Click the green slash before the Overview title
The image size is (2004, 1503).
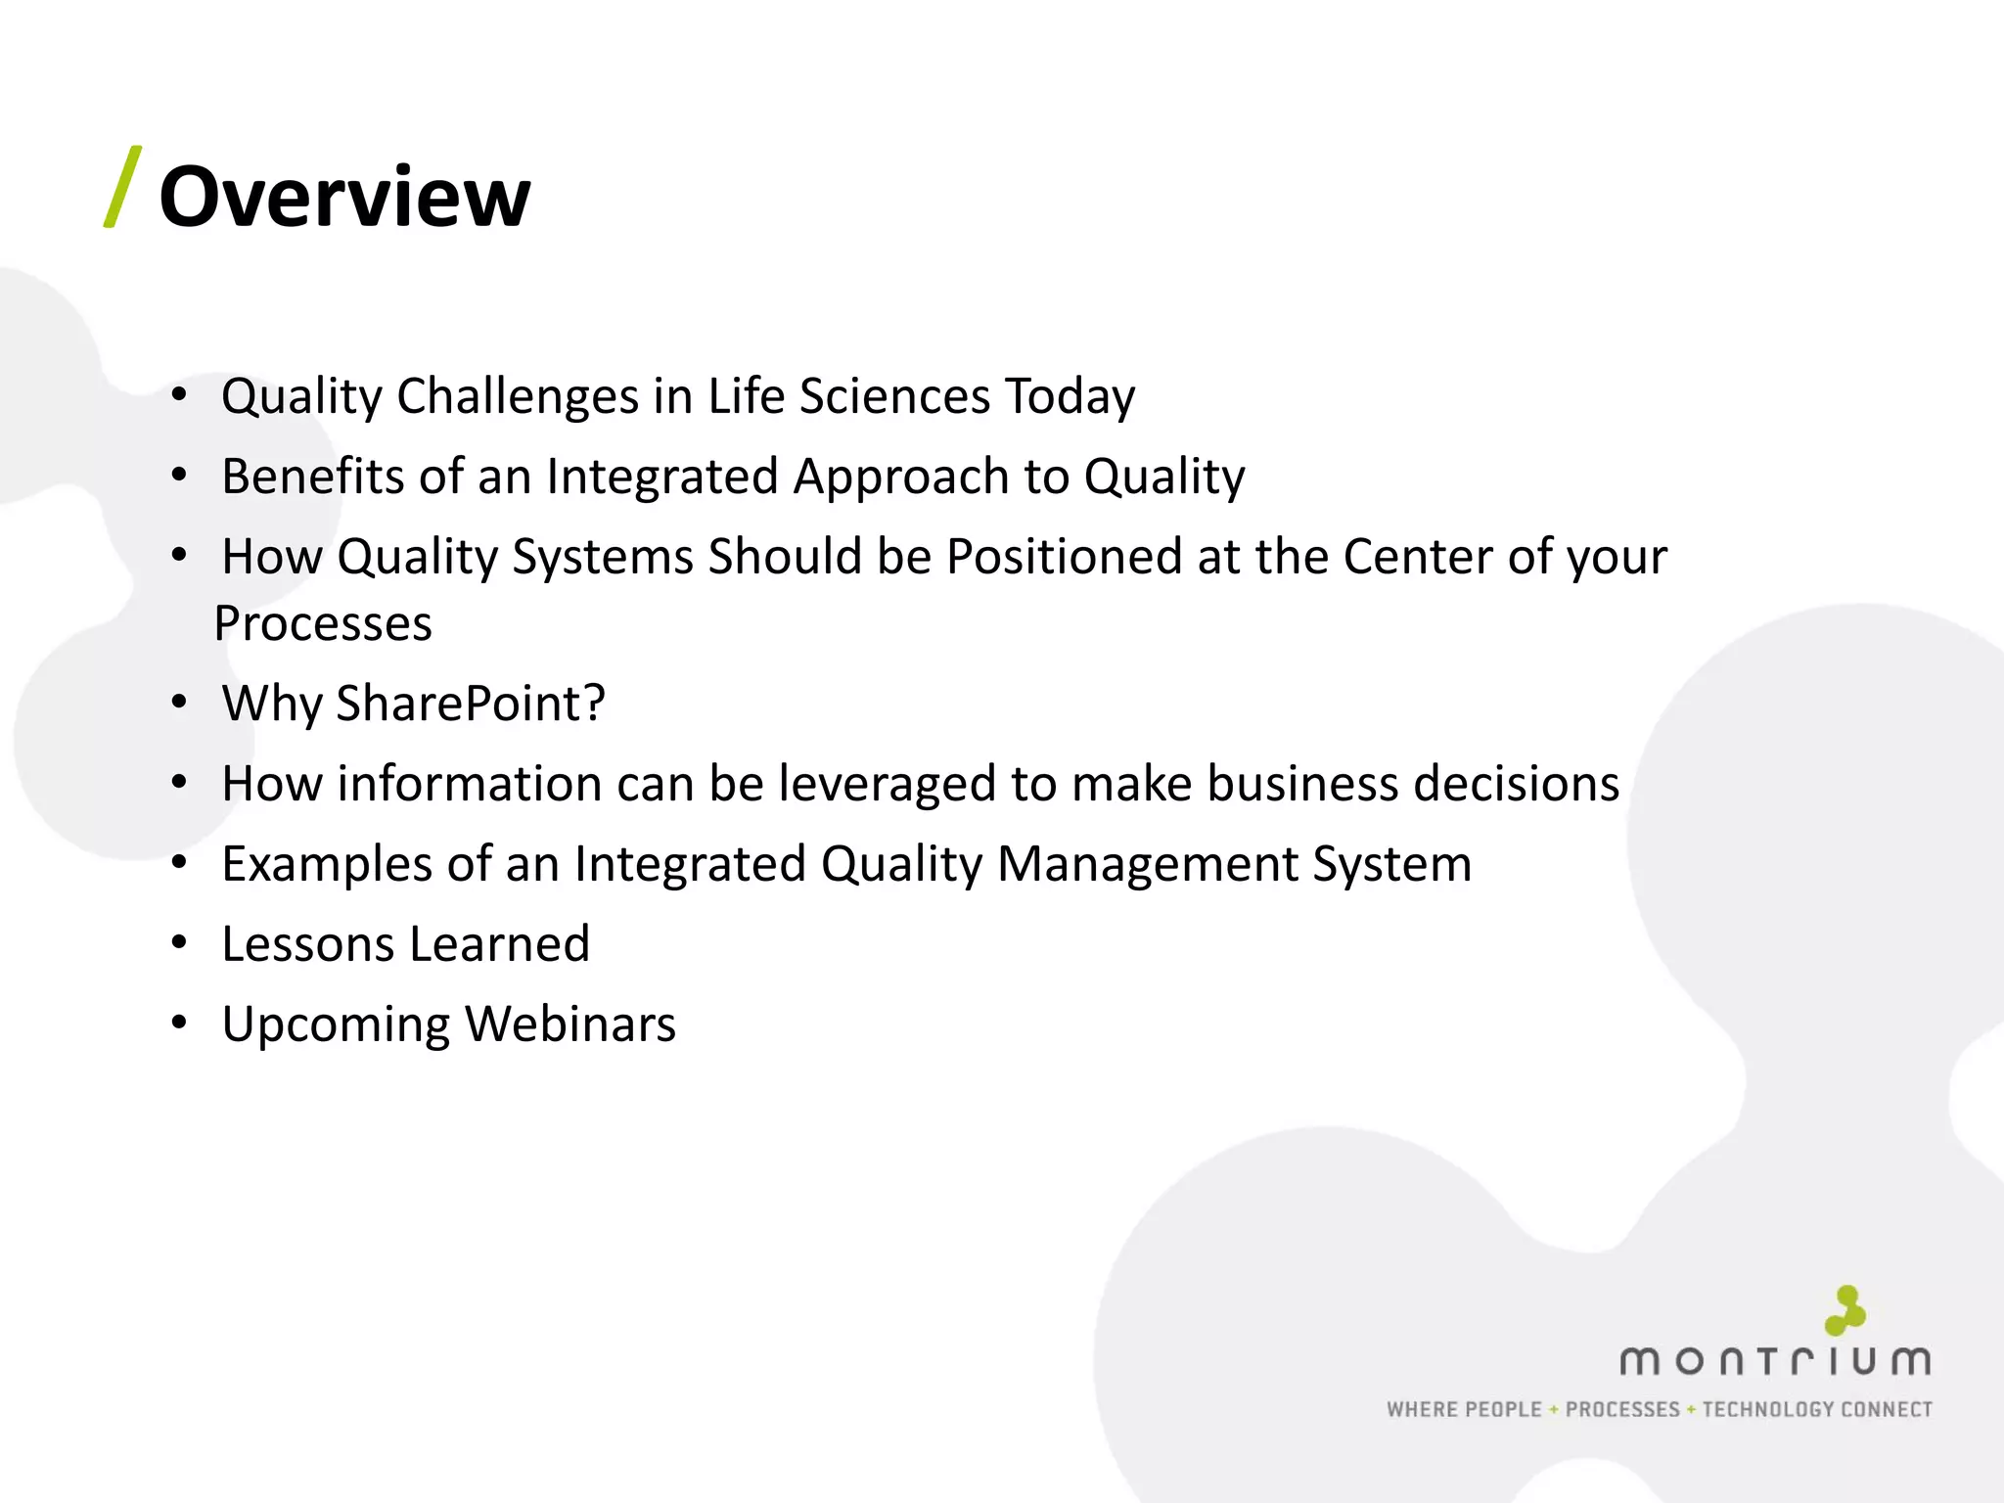click(123, 187)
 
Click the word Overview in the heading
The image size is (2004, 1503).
click(344, 198)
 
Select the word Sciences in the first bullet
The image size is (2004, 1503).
click(894, 397)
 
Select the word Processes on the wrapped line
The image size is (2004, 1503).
click(323, 624)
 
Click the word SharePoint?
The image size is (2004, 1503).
click(471, 704)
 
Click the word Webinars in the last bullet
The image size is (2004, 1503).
click(570, 1025)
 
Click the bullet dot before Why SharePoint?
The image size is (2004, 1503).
click(178, 703)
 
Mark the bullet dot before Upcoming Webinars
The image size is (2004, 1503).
click(178, 1024)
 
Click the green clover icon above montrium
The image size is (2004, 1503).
click(1845, 1311)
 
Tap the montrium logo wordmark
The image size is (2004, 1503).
click(1775, 1362)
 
